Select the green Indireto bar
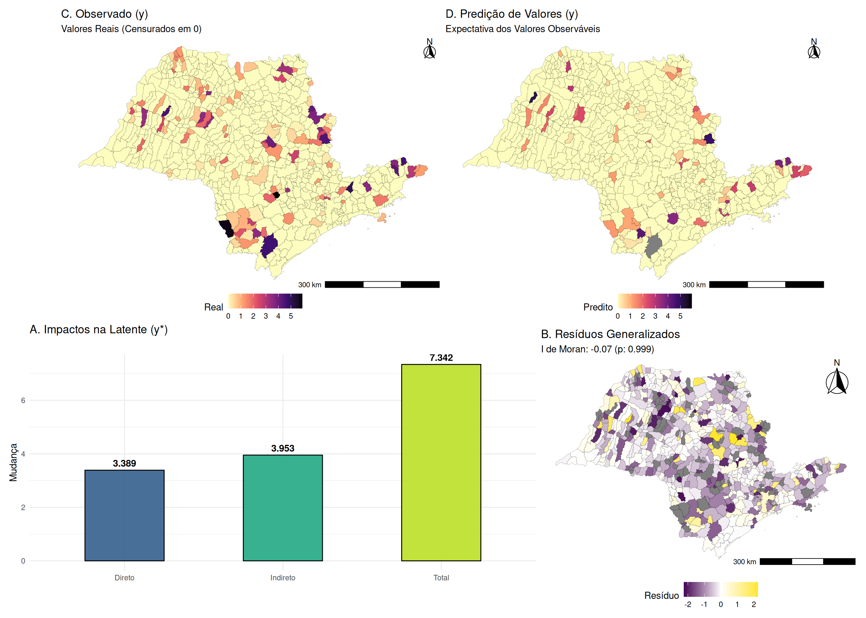pos(283,508)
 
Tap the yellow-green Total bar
pos(441,462)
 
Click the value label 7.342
pos(441,358)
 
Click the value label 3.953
pos(283,448)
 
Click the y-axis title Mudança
pos(13,462)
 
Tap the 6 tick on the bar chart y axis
pos(23,400)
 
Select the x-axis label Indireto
pos(283,578)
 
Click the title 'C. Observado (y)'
pos(104,14)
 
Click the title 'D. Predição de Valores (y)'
pos(512,14)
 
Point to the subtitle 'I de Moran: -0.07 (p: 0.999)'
pos(597,349)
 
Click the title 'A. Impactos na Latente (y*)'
pos(99,330)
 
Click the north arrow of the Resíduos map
pos(837,380)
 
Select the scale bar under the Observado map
pos(382,285)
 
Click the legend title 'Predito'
pos(598,307)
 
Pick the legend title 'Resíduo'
pos(661,595)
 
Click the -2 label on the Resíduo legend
pos(688,604)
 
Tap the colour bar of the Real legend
pos(265,301)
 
